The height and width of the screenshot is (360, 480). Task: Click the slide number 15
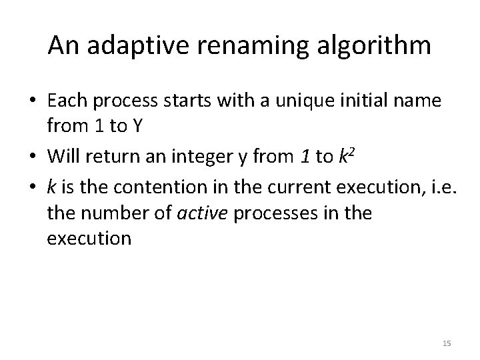[x=447, y=343]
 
